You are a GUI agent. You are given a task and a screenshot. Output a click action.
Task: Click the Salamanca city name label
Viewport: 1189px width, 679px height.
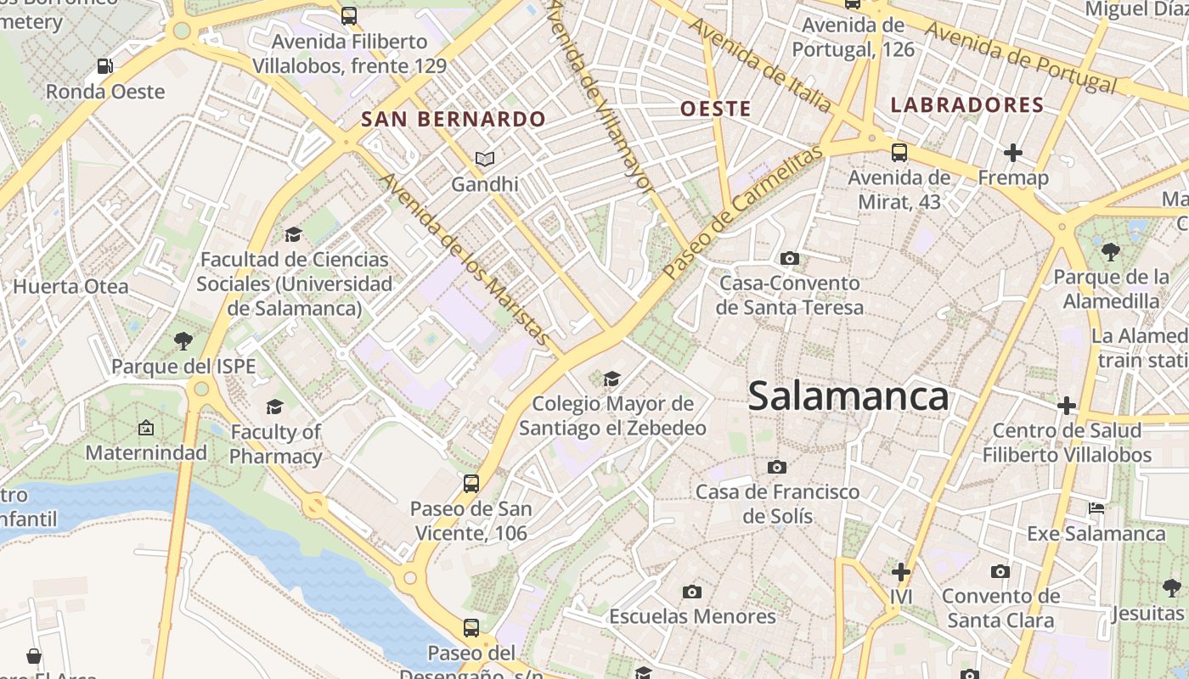point(848,396)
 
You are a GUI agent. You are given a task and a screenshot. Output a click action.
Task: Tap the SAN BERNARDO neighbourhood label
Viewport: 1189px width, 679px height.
point(453,119)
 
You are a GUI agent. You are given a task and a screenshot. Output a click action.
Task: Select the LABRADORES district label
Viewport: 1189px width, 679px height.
point(966,105)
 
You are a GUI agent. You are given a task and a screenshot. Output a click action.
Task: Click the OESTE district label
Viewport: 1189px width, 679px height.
point(716,109)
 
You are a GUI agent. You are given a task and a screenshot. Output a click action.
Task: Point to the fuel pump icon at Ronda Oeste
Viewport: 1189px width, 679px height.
point(104,65)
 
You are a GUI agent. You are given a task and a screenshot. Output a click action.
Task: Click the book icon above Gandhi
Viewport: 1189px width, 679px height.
point(484,159)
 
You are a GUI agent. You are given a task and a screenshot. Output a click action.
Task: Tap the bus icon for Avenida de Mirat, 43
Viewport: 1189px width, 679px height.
point(899,153)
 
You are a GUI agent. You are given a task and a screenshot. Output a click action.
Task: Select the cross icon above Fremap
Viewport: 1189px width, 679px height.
point(1012,153)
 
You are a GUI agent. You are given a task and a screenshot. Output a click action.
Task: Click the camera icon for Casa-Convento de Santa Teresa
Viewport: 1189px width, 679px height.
point(789,258)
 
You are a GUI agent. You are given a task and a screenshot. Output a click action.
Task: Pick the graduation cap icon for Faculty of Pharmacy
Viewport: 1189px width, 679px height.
point(274,407)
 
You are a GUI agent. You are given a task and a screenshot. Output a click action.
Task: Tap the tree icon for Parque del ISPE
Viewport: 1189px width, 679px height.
point(183,341)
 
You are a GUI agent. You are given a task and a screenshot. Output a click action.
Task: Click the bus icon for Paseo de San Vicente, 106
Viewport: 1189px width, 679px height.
point(471,484)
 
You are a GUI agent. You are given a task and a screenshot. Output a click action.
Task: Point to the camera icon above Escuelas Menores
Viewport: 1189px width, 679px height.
point(692,592)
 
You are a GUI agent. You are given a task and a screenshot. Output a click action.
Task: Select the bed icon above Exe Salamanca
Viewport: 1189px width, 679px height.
point(1096,508)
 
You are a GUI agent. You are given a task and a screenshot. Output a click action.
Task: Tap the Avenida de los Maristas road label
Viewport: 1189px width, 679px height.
point(465,259)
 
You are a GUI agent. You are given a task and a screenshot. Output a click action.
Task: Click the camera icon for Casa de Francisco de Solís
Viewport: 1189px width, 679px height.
point(776,467)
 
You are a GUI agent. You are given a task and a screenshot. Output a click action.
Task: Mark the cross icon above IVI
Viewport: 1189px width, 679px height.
point(901,572)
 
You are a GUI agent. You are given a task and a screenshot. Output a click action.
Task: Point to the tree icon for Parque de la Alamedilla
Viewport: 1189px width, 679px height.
point(1110,251)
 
